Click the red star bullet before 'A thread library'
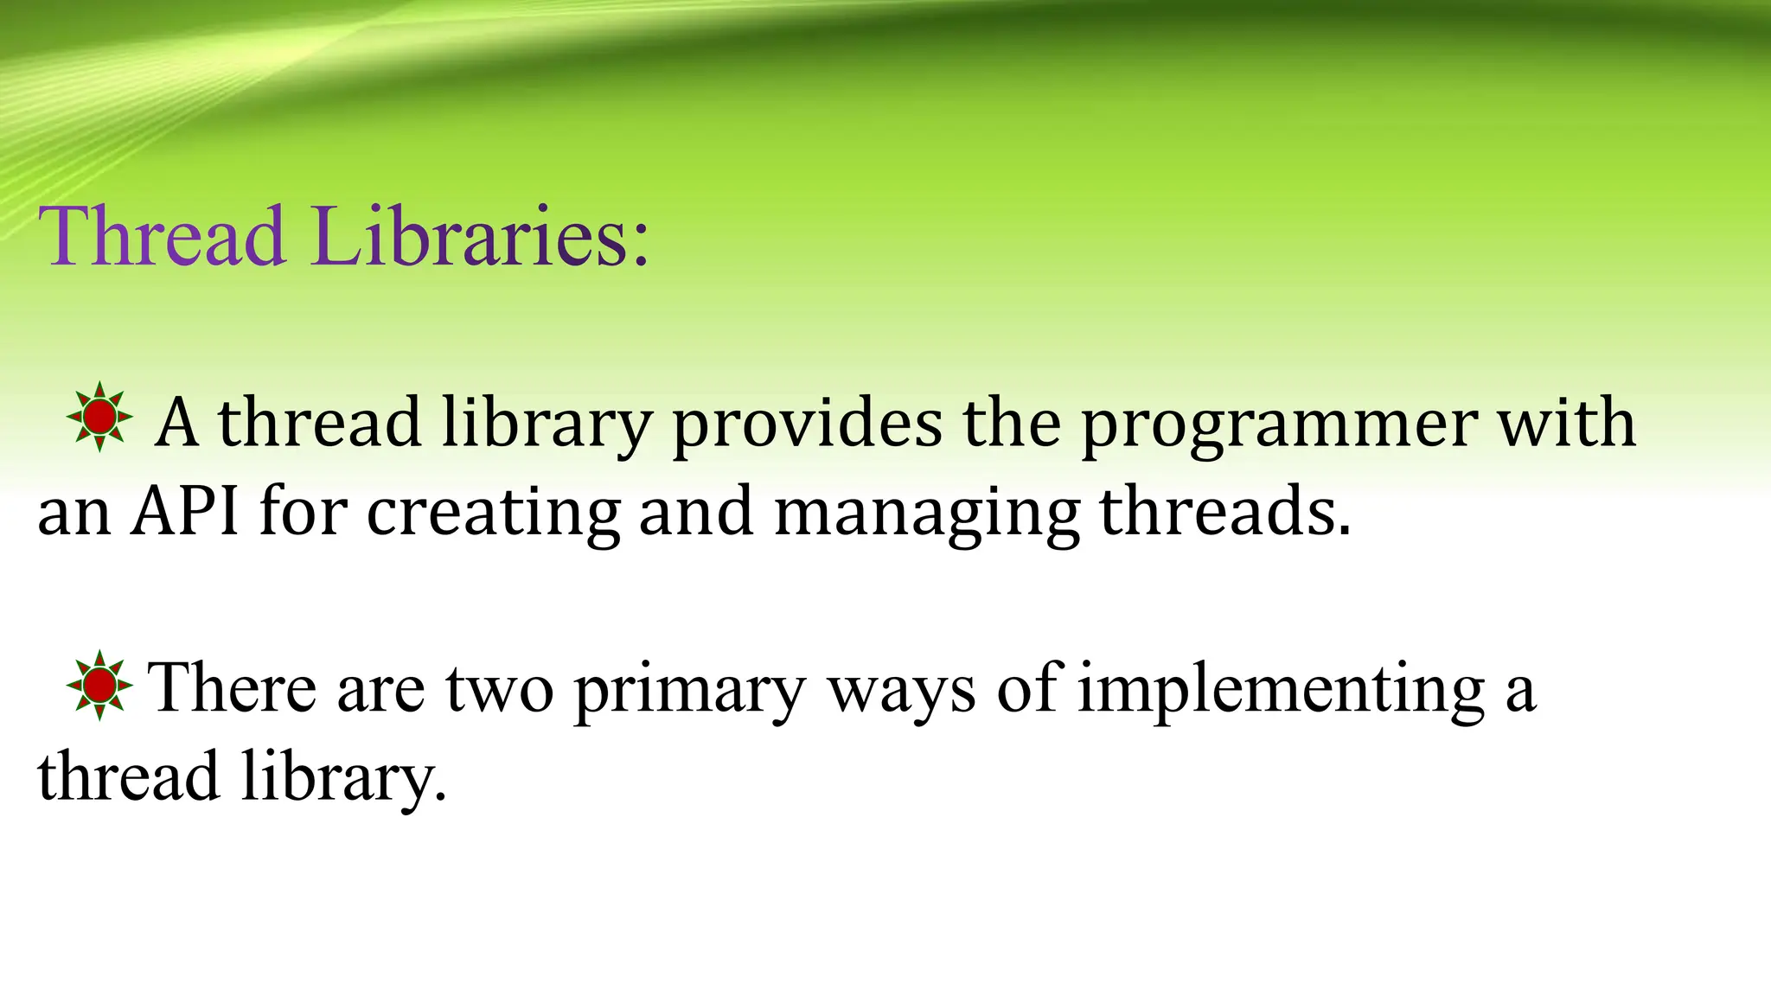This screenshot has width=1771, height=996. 100,417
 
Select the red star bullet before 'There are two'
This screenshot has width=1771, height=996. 100,686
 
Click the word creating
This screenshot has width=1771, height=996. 493,514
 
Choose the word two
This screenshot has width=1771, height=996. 499,689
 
